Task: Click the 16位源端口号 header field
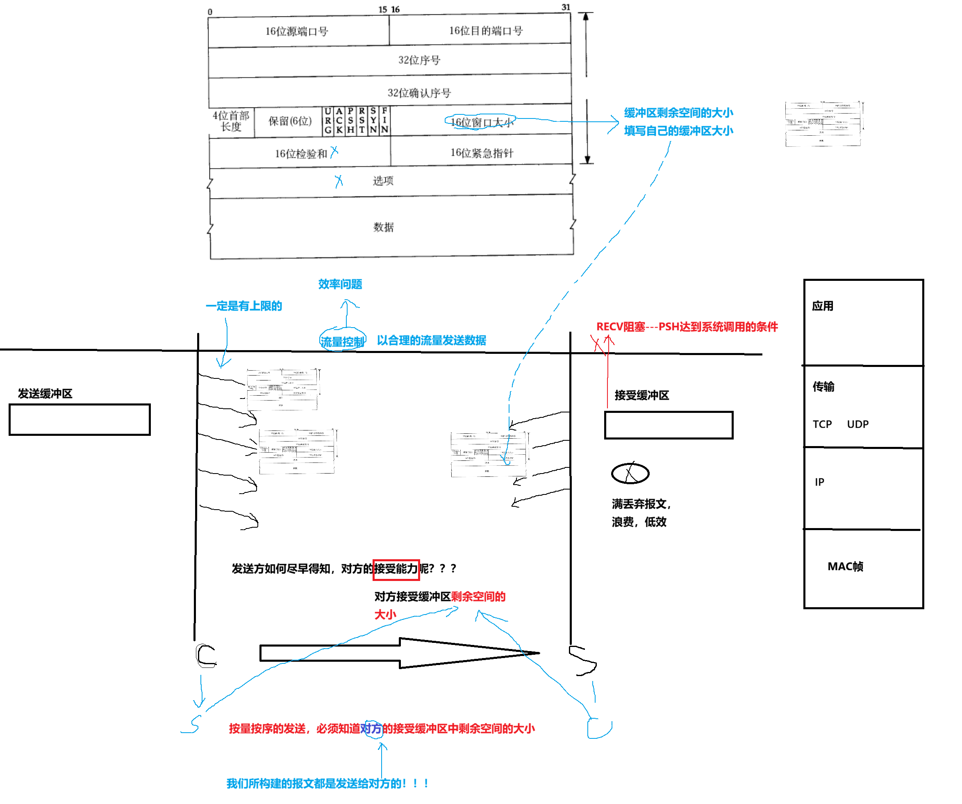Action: (x=297, y=32)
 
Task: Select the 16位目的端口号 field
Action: (x=486, y=31)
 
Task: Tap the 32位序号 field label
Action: (x=419, y=60)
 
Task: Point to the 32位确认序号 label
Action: (x=419, y=93)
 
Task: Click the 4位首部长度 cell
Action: (x=231, y=121)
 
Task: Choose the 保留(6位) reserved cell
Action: (x=289, y=121)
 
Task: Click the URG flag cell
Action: (x=328, y=121)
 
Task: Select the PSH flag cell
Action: (x=350, y=121)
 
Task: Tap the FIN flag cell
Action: (x=385, y=121)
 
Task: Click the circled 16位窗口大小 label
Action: (x=481, y=122)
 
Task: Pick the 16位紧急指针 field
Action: (x=482, y=153)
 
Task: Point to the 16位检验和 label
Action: (x=301, y=154)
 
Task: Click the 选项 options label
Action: (x=383, y=181)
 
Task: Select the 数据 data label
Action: (x=383, y=227)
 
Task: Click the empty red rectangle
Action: (x=396, y=570)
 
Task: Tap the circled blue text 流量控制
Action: (x=343, y=341)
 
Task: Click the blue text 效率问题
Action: (x=340, y=284)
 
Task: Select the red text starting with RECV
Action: (x=687, y=327)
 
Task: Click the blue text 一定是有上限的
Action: (x=244, y=306)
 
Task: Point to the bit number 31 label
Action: (x=566, y=7)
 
